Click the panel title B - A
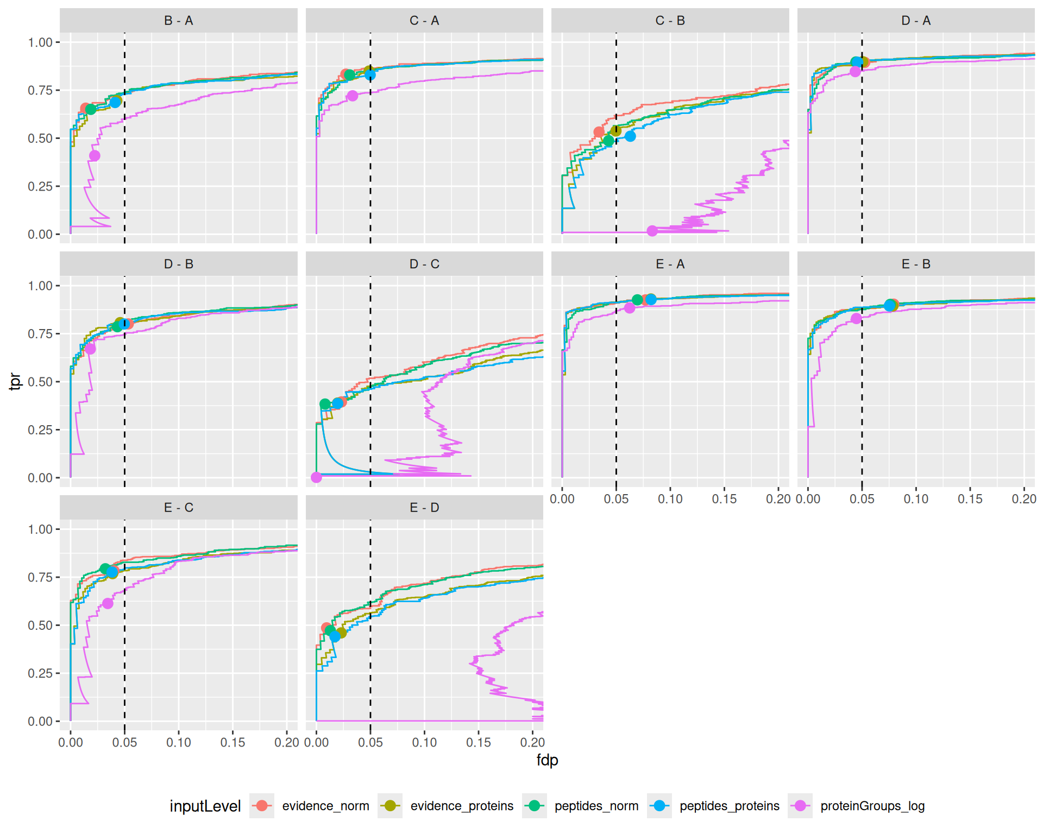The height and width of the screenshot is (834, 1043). [178, 21]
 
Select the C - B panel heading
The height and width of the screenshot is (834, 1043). [670, 21]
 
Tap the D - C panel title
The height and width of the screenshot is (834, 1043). [424, 264]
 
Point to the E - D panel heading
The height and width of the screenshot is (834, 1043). [424, 508]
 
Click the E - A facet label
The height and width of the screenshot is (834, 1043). [670, 264]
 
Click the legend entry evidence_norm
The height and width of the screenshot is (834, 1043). [325, 806]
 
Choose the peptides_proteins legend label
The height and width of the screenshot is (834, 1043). [729, 806]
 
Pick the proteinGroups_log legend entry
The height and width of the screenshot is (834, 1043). [872, 806]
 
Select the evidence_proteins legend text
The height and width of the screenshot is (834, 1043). [462, 806]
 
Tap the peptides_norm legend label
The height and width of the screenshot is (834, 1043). [596, 806]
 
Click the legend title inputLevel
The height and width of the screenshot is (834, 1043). [205, 806]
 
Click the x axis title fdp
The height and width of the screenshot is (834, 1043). [547, 760]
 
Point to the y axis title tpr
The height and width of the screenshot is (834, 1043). [15, 382]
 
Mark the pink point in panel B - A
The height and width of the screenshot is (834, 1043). [95, 156]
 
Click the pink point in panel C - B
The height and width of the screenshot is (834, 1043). [652, 231]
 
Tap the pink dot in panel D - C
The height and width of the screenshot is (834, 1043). [317, 477]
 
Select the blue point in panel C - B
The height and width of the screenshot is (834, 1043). [630, 136]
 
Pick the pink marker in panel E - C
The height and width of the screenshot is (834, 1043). [108, 603]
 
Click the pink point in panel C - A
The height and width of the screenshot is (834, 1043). [353, 96]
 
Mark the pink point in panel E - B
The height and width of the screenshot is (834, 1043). [857, 319]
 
